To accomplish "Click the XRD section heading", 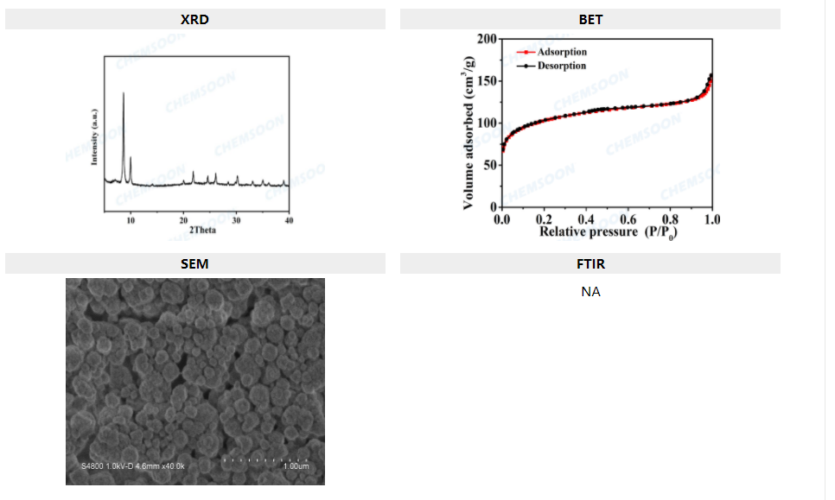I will (194, 19).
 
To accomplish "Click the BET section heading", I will (590, 19).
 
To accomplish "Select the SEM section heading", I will (194, 264).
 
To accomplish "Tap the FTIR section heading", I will (590, 264).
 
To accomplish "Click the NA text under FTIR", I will (590, 292).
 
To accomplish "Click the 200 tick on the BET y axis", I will (487, 40).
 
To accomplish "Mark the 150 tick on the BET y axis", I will (487, 81).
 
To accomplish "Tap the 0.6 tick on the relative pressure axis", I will (628, 219).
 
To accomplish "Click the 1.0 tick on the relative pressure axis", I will (711, 219).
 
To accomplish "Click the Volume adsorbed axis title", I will (468, 132).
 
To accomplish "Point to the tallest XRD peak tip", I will (123, 92).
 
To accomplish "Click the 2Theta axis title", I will (202, 230).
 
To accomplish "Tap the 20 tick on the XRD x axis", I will (183, 220).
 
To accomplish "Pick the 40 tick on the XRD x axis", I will (289, 220).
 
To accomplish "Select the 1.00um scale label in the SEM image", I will (296, 467).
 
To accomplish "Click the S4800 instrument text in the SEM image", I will (92, 467).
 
